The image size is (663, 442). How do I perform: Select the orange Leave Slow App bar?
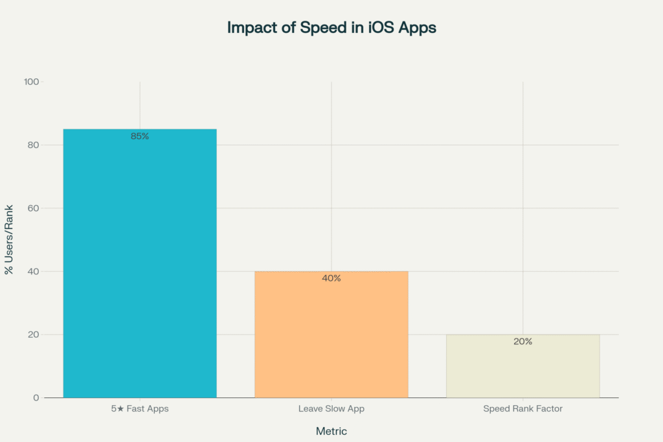pos(331,337)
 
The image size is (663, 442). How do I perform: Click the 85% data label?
pos(140,137)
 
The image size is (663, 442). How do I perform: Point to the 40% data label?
pos(331,278)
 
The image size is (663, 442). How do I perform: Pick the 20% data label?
pos(523,342)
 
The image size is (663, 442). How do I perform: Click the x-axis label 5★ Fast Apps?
pos(140,409)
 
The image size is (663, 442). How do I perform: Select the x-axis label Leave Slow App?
pos(331,409)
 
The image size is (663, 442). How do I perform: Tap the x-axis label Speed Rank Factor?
pos(523,409)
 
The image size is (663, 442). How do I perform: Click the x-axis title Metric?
pos(331,431)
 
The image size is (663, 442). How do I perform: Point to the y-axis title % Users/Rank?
pos(10,240)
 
